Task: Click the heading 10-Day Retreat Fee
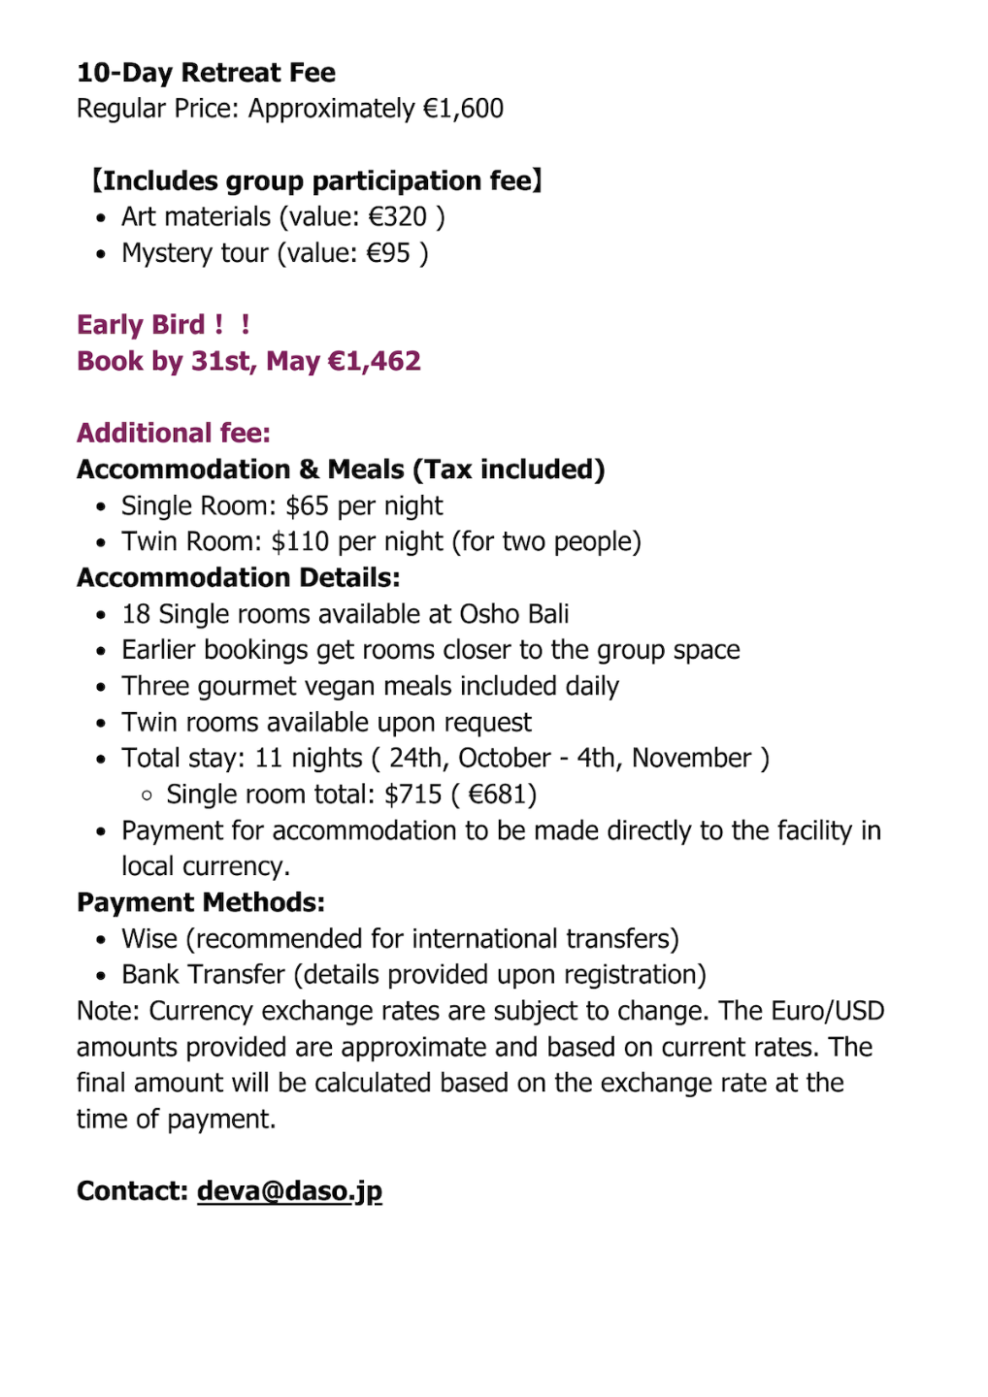point(206,73)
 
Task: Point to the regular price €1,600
point(463,109)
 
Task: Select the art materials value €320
point(397,217)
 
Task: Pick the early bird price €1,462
point(375,362)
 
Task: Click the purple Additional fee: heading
point(174,434)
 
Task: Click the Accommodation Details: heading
point(239,578)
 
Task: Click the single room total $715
point(412,795)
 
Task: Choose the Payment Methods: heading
point(201,903)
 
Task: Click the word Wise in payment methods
point(149,939)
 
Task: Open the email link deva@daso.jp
point(289,1191)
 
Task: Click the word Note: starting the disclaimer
point(109,1011)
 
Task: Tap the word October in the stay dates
point(505,759)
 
